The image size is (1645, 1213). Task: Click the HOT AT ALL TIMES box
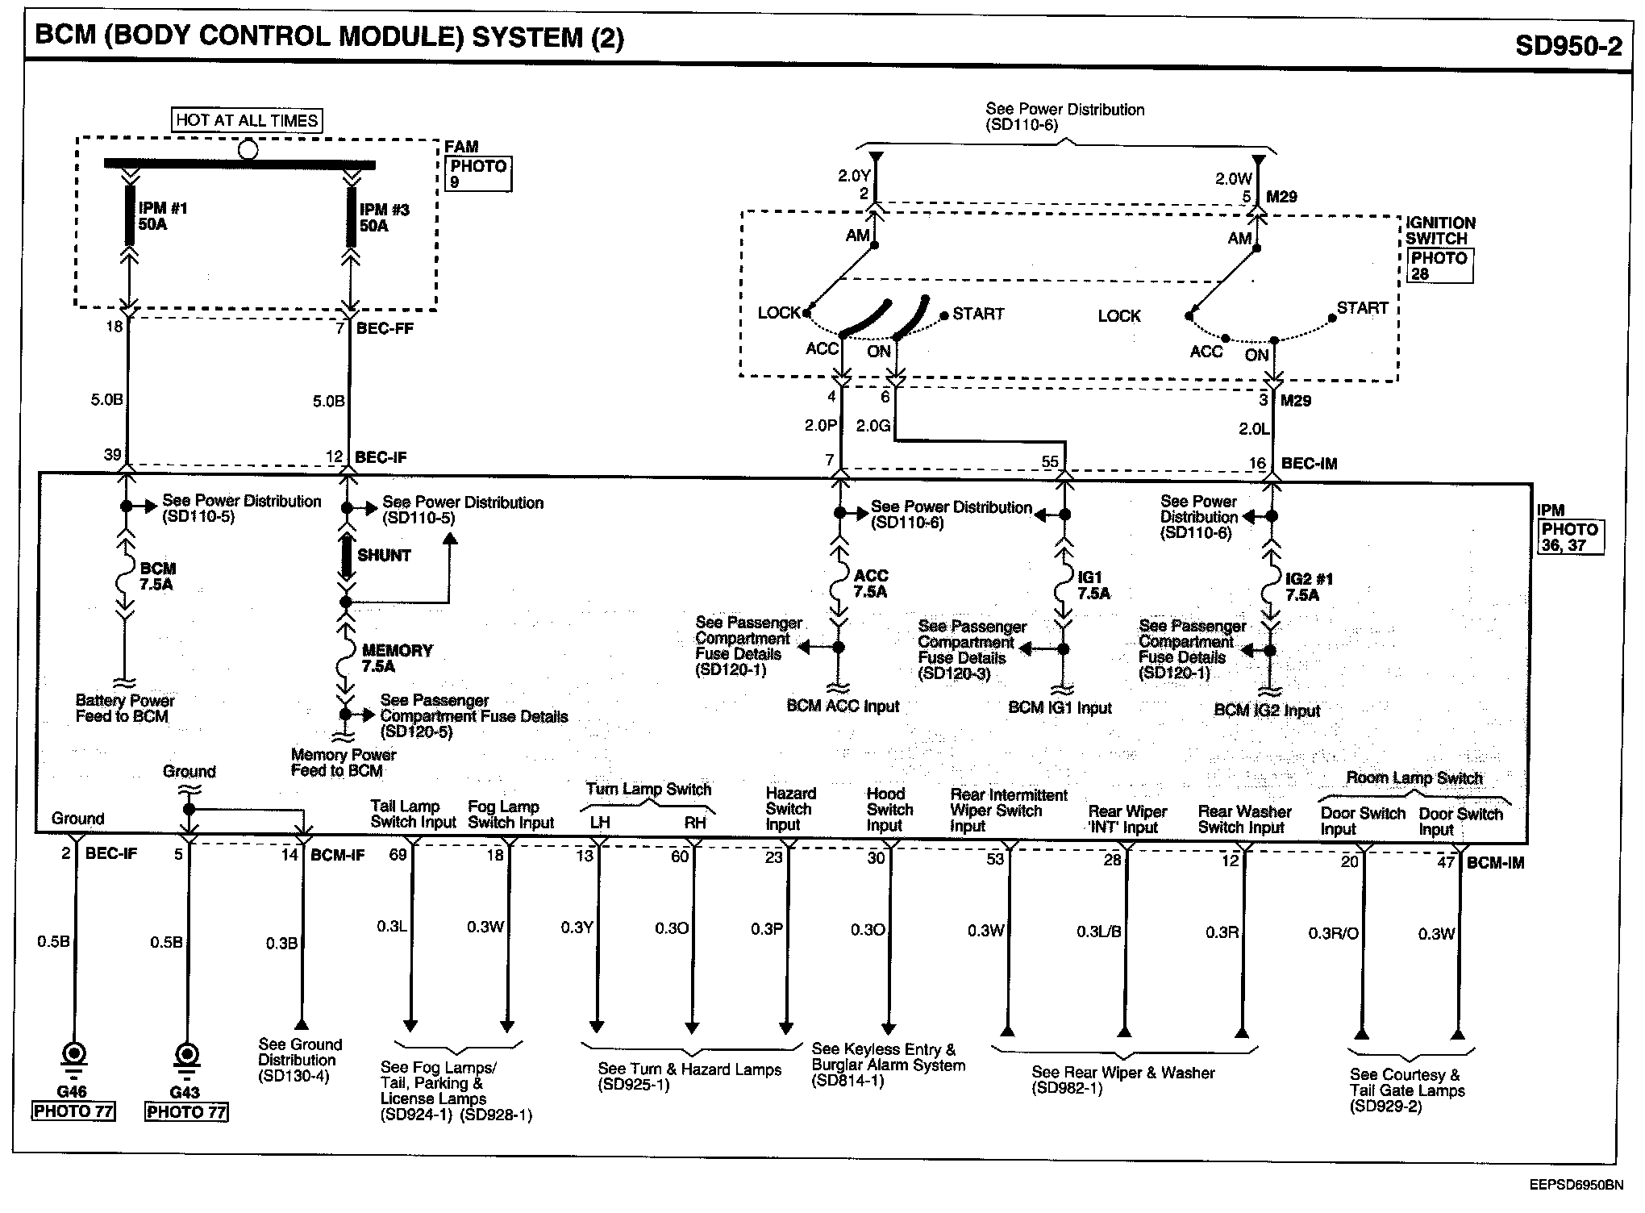point(247,120)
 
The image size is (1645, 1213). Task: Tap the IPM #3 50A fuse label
point(384,218)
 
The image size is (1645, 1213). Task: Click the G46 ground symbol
point(73,1056)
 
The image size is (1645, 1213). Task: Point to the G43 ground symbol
point(185,1056)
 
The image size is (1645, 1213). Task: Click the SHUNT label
point(384,556)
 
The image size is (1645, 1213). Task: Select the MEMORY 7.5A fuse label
point(396,658)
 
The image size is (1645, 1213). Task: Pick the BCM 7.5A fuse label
point(157,577)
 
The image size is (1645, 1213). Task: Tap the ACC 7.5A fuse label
point(870,583)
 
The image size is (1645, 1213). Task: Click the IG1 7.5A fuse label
point(1093,586)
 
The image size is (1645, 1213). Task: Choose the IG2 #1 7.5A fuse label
point(1308,587)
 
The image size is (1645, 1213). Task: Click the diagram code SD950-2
point(1568,46)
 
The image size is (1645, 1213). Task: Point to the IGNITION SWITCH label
point(1440,231)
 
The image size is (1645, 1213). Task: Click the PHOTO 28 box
point(1439,266)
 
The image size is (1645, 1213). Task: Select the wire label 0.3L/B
point(1097,932)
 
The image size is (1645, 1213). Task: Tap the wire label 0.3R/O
point(1333,934)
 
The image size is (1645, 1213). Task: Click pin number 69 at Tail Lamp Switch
point(398,856)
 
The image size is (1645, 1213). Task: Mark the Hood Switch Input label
point(889,809)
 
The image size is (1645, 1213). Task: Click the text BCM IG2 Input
point(1266,711)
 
